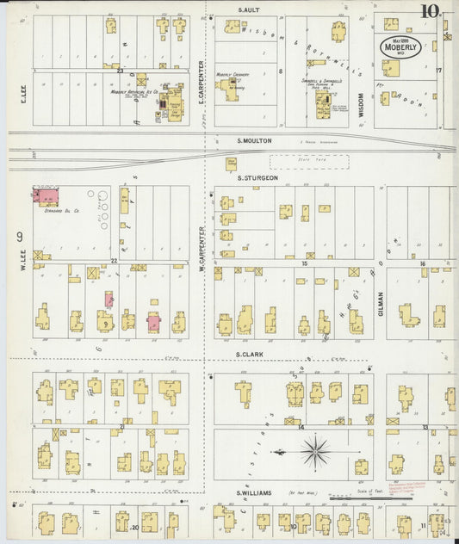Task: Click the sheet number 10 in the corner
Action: click(x=429, y=13)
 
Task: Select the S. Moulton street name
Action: click(x=254, y=140)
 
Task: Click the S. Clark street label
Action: click(x=249, y=354)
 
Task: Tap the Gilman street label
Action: click(x=379, y=302)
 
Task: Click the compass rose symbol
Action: click(x=316, y=449)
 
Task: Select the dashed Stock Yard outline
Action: click(x=308, y=161)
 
